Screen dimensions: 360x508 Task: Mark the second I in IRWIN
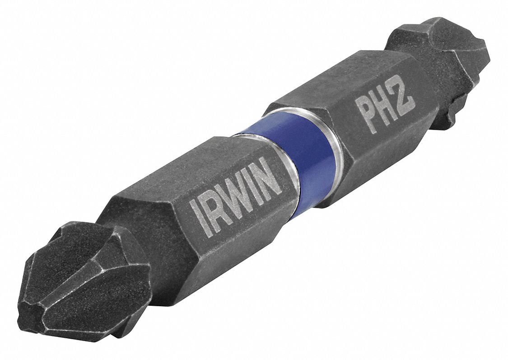click(256, 185)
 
